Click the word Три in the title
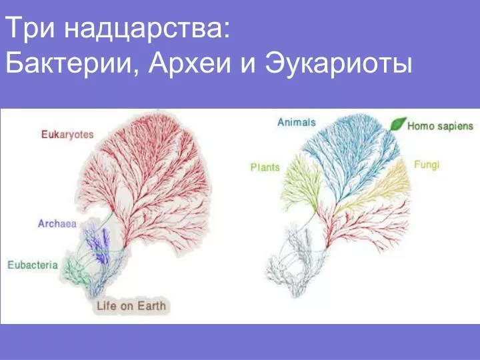(30, 27)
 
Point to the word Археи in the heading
(190, 63)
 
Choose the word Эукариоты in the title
(339, 64)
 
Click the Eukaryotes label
(67, 135)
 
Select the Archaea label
(57, 224)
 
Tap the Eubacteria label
(33, 265)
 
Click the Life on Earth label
(131, 306)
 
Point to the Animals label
(296, 123)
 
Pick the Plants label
(265, 167)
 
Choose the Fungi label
(427, 165)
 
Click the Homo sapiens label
(440, 126)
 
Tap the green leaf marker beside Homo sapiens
(397, 124)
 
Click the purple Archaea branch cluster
(97, 243)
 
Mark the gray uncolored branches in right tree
(294, 260)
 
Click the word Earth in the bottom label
(151, 306)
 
